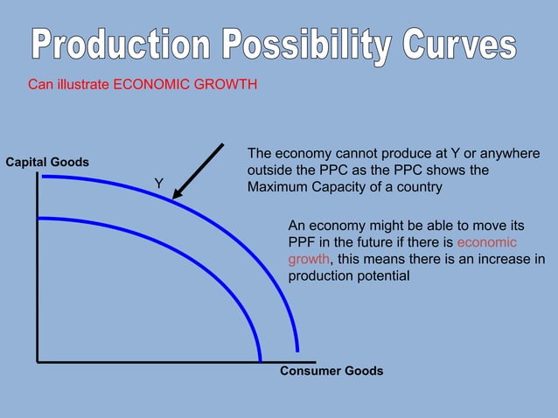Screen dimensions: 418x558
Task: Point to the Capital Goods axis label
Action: click(47, 163)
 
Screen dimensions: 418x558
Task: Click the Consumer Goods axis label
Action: click(331, 371)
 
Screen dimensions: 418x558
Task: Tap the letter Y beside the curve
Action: click(158, 183)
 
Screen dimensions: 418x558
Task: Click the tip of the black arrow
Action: click(173, 199)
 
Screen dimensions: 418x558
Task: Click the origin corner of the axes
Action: click(38, 360)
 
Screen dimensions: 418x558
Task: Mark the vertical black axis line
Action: click(38, 262)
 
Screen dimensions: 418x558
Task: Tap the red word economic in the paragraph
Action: click(487, 242)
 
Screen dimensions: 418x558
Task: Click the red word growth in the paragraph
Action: click(309, 259)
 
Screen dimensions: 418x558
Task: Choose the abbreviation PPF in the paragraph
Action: click(302, 242)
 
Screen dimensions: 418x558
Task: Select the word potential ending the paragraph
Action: click(382, 275)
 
